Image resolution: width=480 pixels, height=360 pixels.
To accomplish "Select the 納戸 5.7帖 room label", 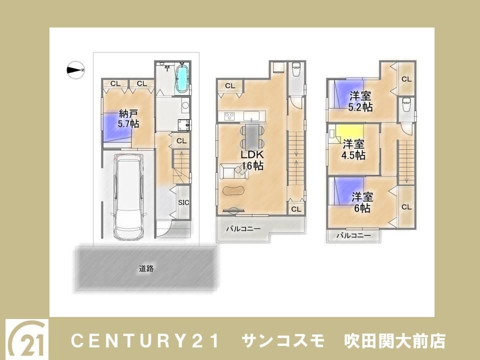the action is pyautogui.click(x=128, y=119).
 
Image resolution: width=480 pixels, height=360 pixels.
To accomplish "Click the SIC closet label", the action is pyautogui.click(x=183, y=202).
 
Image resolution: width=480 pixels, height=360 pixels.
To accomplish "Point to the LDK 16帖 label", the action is pyautogui.click(x=252, y=160).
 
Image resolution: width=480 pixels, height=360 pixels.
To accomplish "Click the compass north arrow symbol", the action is pyautogui.click(x=75, y=70).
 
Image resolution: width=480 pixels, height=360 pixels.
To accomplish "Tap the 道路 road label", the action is pyautogui.click(x=146, y=269).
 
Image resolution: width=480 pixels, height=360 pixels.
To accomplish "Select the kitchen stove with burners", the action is pyautogui.click(x=229, y=116).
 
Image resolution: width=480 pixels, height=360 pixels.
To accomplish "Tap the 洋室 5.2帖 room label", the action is pyautogui.click(x=360, y=101).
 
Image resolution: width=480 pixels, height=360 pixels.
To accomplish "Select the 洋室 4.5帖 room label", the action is pyautogui.click(x=353, y=149).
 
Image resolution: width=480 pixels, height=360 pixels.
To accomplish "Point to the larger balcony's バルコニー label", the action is pyautogui.click(x=243, y=228).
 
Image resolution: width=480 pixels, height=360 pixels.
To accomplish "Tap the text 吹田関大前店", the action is pyautogui.click(x=394, y=341).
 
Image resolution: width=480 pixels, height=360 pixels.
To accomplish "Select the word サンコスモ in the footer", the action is pyautogui.click(x=283, y=341).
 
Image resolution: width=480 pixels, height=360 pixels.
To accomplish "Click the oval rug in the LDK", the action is pyautogui.click(x=233, y=190).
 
